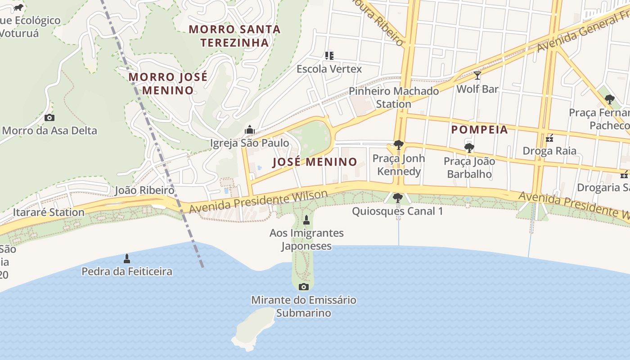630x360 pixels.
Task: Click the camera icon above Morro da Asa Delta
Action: click(49, 118)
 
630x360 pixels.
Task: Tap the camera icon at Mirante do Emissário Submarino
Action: click(304, 287)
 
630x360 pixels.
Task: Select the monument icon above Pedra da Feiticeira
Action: click(127, 259)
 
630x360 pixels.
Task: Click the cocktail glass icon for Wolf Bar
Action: click(477, 76)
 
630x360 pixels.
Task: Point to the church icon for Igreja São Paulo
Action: click(249, 130)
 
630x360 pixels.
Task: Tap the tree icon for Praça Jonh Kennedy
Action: click(398, 145)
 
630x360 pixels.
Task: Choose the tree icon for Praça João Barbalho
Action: click(469, 148)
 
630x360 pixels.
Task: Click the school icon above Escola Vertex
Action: click(329, 56)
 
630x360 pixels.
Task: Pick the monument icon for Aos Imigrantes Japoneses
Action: click(306, 220)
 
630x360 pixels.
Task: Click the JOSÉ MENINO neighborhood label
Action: click(315, 162)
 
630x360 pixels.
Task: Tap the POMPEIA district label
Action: click(479, 130)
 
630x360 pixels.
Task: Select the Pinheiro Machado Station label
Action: click(394, 97)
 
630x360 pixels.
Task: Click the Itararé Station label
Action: click(49, 212)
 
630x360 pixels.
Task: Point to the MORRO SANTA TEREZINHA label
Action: click(234, 36)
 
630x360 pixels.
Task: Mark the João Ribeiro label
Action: click(144, 190)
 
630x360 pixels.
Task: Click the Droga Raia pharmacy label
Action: click(549, 151)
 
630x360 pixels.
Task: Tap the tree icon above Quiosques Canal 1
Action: click(397, 198)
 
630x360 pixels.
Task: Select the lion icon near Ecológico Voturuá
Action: click(18, 8)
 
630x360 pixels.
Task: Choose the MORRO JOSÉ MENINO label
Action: click(168, 83)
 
